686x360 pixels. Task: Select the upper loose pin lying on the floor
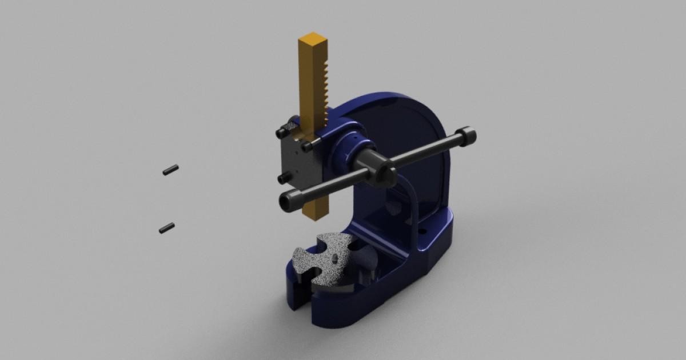pos(170,170)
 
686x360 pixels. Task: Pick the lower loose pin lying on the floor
pos(166,228)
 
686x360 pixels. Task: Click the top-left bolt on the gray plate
pos(280,133)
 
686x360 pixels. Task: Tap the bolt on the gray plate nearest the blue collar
pos(308,147)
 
